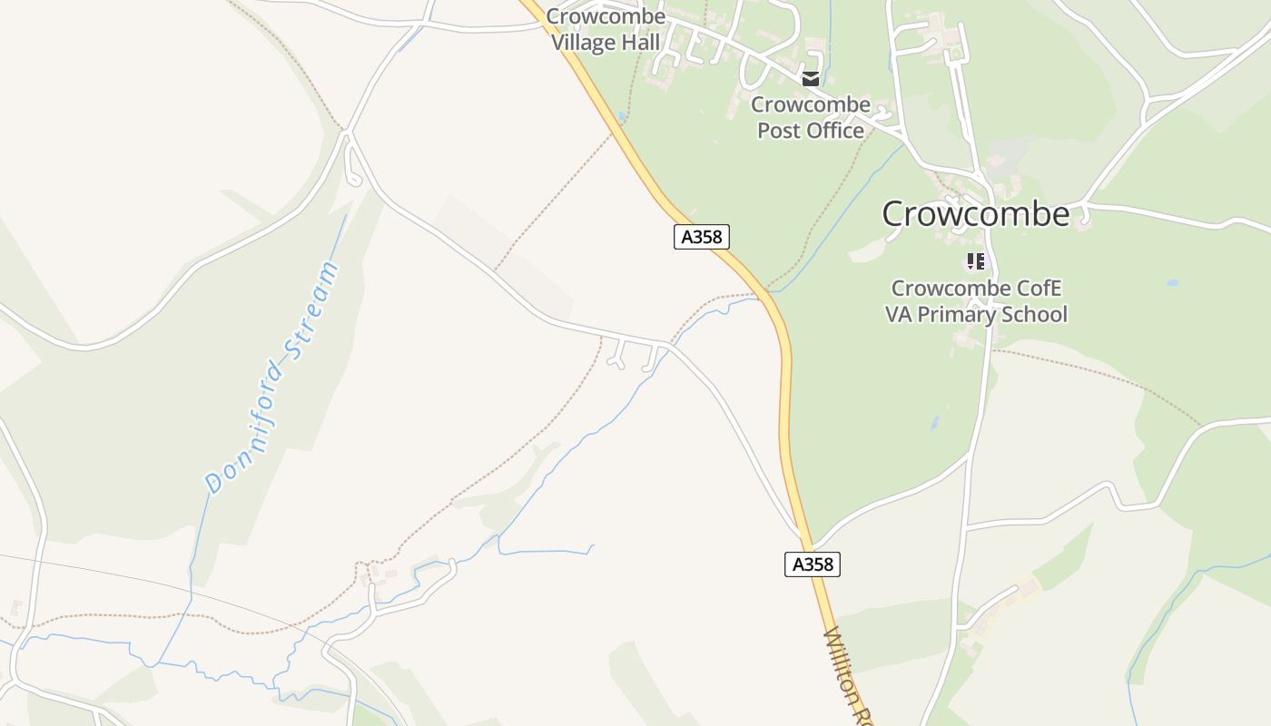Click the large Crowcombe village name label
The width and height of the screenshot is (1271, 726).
click(976, 214)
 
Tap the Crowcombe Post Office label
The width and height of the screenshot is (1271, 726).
click(810, 118)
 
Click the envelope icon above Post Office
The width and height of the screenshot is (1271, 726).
click(810, 79)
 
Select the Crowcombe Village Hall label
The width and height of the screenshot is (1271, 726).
click(606, 30)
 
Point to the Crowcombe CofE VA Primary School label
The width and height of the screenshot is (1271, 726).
click(976, 301)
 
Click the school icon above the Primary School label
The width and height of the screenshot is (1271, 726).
click(976, 262)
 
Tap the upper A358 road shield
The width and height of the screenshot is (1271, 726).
click(702, 237)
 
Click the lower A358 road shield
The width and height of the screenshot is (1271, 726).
click(813, 564)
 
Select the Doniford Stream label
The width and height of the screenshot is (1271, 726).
click(272, 378)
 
